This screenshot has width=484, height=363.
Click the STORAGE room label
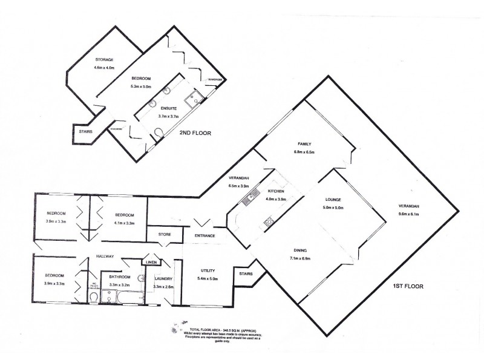[104, 59]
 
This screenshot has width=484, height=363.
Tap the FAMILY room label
[303, 144]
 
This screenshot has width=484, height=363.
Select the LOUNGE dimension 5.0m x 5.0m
[333, 208]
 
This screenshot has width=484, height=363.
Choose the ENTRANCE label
[206, 235]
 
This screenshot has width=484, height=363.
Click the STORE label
[165, 234]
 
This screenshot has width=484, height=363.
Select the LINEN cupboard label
[150, 262]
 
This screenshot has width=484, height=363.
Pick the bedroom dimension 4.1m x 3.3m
[122, 223]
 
